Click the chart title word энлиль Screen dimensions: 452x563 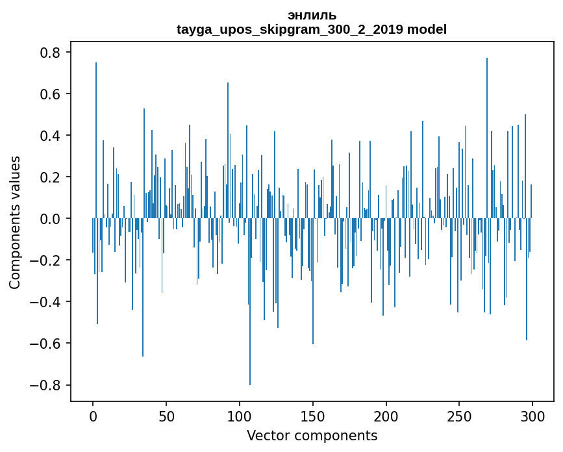point(312,16)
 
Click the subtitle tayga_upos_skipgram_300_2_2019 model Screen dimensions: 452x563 point(312,29)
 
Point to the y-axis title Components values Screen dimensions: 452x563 point(14,222)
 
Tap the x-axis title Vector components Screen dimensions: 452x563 point(312,435)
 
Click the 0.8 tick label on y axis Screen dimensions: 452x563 point(52,53)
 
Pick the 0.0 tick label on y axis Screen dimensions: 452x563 point(52,219)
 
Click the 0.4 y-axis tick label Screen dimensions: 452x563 point(52,136)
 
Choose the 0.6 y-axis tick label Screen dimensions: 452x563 point(52,94)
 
